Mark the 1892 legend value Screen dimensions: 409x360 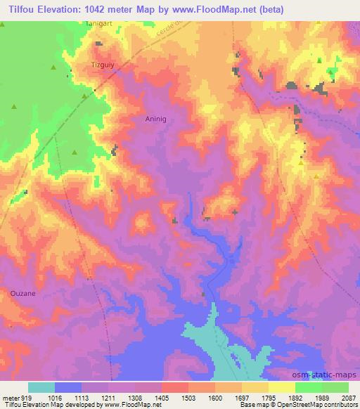(295, 397)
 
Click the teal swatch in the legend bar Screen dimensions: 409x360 (41, 387)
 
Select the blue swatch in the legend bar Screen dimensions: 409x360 (68, 387)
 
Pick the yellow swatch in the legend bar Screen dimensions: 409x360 (282, 387)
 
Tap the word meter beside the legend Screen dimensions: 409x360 (11, 397)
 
